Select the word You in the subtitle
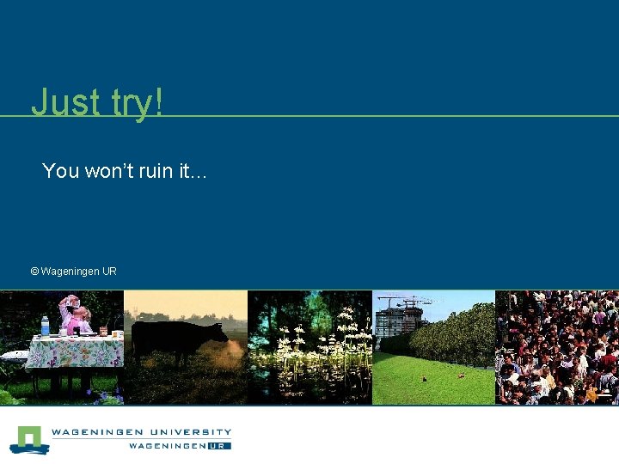click(x=60, y=171)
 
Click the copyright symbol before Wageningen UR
click(x=34, y=272)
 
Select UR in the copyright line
click(x=109, y=272)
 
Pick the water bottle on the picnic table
click(x=45, y=326)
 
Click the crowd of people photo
click(x=557, y=347)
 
